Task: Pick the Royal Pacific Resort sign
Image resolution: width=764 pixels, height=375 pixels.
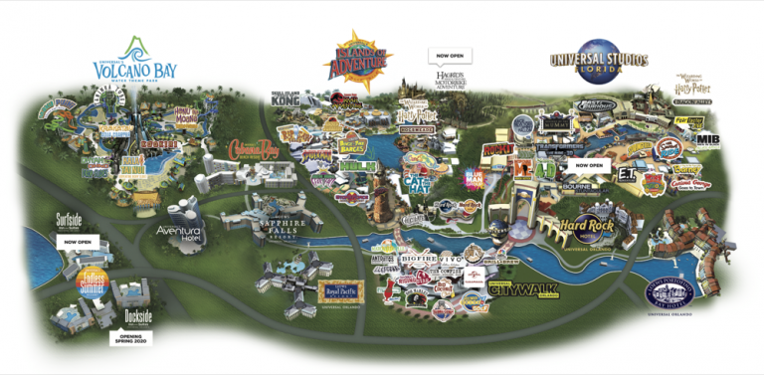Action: tap(341, 290)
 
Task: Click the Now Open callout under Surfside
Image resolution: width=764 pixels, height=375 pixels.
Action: tap(79, 241)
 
